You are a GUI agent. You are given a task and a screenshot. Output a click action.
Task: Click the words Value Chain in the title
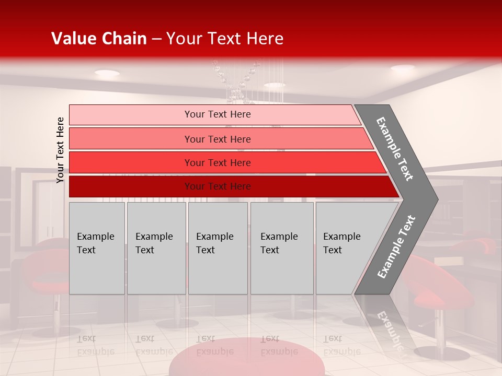99,39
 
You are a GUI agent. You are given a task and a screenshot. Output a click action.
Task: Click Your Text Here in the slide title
225,39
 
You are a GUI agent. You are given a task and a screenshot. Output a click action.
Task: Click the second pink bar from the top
218,139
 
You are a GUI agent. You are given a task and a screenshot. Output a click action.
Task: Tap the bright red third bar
218,162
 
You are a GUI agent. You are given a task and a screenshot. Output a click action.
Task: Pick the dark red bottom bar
218,186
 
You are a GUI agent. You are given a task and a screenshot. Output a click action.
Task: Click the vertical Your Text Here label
60,150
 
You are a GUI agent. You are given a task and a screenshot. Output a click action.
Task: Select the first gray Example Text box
97,248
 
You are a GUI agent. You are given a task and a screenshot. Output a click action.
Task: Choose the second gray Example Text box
156,248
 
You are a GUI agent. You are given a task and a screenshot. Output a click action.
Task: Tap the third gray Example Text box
218,248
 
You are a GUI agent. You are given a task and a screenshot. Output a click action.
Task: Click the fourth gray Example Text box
282,248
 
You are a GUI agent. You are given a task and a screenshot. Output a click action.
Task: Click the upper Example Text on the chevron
395,148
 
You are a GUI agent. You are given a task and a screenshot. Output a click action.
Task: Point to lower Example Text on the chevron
396,247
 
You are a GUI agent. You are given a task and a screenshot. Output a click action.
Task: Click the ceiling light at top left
107,73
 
